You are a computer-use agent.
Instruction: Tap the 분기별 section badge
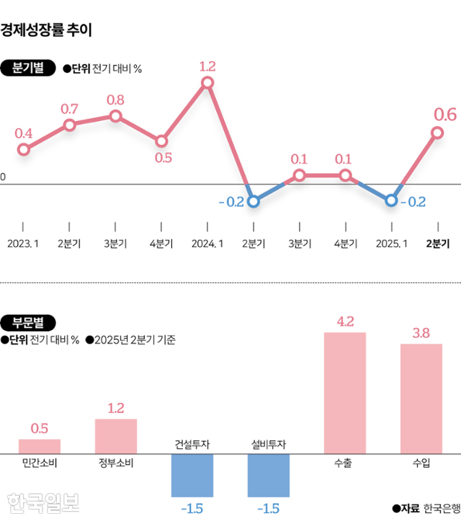[28, 68]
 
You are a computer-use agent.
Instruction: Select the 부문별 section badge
[28, 322]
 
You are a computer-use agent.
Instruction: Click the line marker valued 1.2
[207, 82]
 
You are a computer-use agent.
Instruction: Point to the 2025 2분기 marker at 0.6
[437, 132]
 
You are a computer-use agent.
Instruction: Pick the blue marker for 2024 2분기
[253, 201]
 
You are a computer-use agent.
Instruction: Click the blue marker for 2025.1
[391, 200]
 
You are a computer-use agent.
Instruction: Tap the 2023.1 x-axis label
[23, 244]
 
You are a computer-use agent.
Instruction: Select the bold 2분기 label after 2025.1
[437, 244]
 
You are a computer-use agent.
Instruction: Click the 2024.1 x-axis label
[207, 244]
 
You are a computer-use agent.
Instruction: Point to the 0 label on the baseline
[3, 176]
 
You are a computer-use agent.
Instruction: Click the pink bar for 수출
[345, 393]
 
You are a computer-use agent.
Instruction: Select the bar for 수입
[421, 398]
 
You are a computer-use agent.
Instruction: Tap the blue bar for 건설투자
[192, 476]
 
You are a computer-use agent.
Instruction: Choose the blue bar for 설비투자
[268, 476]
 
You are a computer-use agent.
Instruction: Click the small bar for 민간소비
[39, 446]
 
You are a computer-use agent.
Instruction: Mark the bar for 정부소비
[115, 436]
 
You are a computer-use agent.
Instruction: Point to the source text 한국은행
[441, 507]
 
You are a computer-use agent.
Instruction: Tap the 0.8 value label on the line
[115, 99]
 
